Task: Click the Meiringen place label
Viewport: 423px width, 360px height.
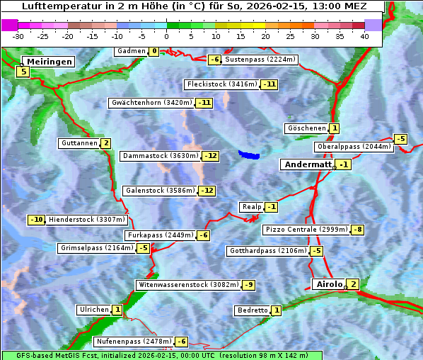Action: pyautogui.click(x=47, y=62)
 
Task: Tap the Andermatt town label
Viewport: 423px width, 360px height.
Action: pyautogui.click(x=308, y=164)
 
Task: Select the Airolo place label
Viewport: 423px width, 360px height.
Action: pyautogui.click(x=329, y=284)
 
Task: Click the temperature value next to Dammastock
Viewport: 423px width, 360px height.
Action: pyautogui.click(x=210, y=156)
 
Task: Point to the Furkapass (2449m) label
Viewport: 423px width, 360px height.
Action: pyautogui.click(x=160, y=235)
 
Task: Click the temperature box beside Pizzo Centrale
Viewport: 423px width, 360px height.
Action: pyautogui.click(x=358, y=230)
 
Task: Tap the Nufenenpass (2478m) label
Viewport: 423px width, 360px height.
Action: pyautogui.click(x=134, y=342)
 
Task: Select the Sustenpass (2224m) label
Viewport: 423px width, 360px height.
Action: pyautogui.click(x=255, y=60)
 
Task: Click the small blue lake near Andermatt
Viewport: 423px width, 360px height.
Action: pyautogui.click(x=249, y=154)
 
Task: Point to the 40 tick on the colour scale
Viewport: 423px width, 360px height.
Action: pyautogui.click(x=364, y=36)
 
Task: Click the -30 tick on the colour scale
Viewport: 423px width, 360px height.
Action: pyautogui.click(x=18, y=36)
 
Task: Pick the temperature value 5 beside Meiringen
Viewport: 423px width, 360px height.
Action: pyautogui.click(x=23, y=72)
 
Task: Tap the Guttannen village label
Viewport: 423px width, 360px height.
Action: pyautogui.click(x=79, y=143)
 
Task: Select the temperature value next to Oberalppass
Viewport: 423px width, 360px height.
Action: pyautogui.click(x=400, y=139)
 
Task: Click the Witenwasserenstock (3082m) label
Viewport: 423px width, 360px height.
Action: pyautogui.click(x=188, y=285)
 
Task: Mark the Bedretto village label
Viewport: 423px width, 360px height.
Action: pyautogui.click(x=253, y=310)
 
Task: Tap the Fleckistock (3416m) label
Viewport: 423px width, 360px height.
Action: pyautogui.click(x=222, y=84)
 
